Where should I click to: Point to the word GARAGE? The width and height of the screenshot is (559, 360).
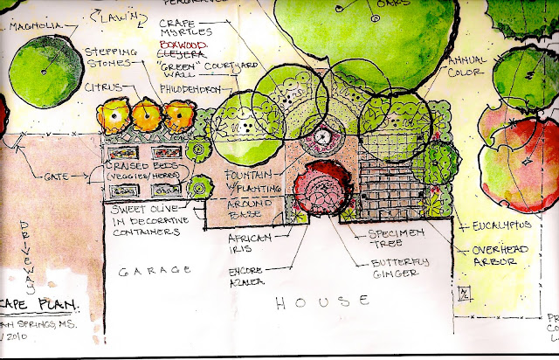point(156,270)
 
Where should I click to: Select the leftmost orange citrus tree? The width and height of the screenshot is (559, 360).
point(114,114)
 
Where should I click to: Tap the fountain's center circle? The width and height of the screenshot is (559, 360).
point(321,136)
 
